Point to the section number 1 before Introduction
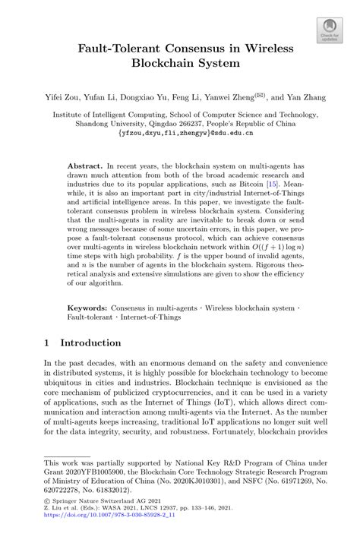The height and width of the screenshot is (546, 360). (48, 342)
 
